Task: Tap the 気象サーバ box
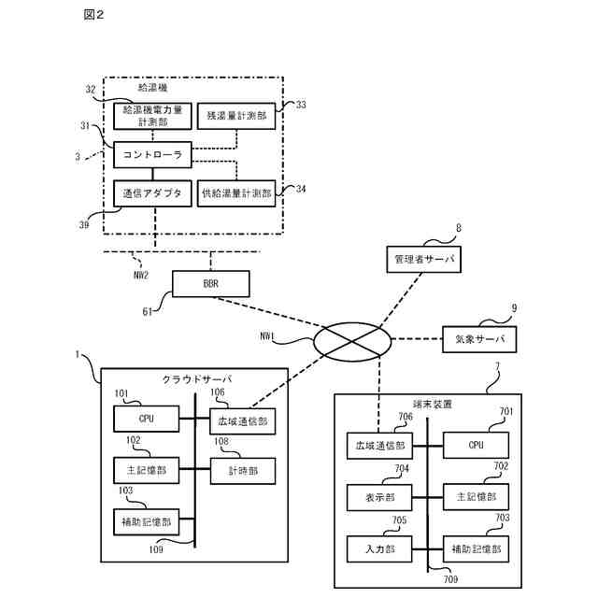(478, 338)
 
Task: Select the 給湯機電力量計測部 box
(151, 116)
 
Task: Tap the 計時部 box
(242, 470)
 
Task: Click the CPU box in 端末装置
(477, 446)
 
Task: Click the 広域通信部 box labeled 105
(242, 420)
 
